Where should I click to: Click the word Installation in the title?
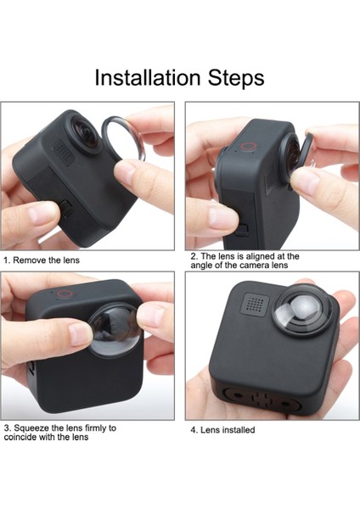click(146, 78)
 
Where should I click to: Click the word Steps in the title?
click(234, 78)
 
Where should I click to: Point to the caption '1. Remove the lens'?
click(42, 260)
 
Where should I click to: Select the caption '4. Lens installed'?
click(222, 430)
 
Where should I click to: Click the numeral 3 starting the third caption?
click(6, 428)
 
